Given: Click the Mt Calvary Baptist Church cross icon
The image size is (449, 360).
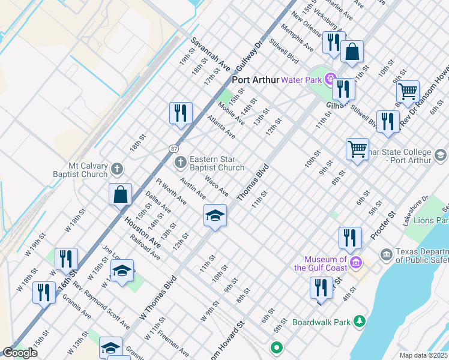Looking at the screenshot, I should point(116,169).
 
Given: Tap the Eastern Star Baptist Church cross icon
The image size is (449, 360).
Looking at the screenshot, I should point(180,163).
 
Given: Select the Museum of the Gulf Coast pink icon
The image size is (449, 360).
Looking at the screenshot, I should point(355,263).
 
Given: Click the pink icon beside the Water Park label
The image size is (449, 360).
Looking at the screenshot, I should point(330,79).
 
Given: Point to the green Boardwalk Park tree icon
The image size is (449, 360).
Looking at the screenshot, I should point(359,322).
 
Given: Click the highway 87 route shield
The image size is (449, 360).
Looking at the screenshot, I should point(173,148).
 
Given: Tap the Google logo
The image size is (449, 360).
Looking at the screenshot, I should point(19,353).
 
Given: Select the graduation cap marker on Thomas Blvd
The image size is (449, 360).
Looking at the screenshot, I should point(215,215).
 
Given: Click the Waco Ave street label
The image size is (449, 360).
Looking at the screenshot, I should point(216,185).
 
